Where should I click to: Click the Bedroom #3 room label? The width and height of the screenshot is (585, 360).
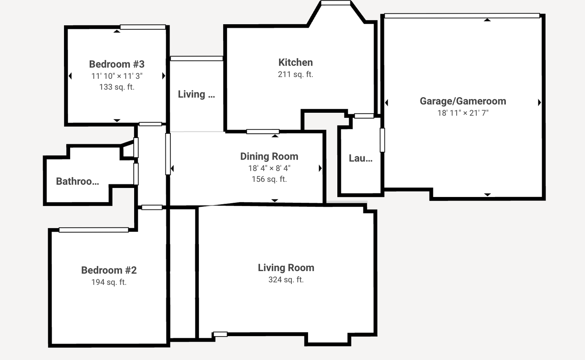point(117,64)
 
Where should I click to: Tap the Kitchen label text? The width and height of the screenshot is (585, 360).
point(295,62)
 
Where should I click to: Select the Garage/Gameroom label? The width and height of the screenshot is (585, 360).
point(463,101)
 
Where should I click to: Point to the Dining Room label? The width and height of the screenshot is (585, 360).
point(269,156)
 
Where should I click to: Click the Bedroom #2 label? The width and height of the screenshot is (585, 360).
point(109,270)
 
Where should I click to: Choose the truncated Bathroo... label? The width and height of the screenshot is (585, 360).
point(78,181)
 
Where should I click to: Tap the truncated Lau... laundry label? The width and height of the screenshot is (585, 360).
point(361,158)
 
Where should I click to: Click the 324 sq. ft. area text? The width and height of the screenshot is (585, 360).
point(286,280)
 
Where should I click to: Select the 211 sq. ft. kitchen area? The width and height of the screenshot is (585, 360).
point(295,74)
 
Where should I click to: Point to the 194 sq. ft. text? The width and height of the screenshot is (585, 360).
point(109,282)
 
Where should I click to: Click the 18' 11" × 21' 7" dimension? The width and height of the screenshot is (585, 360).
point(463,113)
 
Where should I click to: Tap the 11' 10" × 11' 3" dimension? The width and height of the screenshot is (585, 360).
point(117,76)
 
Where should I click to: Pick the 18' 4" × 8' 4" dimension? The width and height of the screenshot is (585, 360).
point(269,168)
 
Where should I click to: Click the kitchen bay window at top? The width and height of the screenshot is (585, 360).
point(335,3)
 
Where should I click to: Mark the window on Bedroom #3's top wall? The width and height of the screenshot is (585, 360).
point(143,27)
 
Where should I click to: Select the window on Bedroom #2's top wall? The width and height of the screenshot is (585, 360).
point(94,230)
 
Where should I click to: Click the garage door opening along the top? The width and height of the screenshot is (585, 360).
point(462,16)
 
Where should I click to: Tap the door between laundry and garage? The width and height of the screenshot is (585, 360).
point(382,140)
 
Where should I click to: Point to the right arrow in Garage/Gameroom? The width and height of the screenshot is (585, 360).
point(539,103)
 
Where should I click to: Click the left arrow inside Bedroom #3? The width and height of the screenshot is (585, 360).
point(70,76)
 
